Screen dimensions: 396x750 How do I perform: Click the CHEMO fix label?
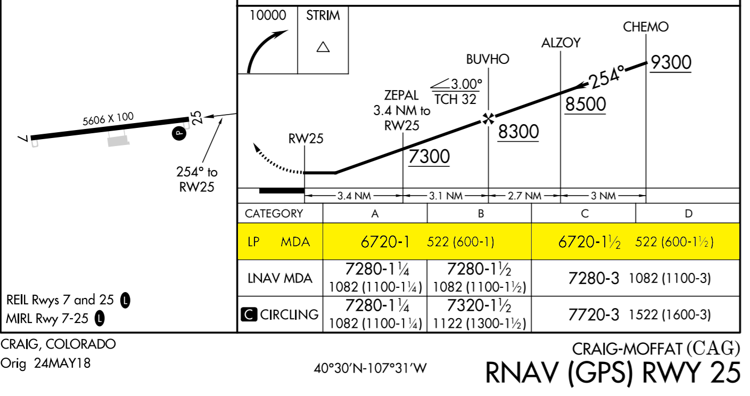(646, 27)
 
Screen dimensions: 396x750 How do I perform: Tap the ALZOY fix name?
(561, 43)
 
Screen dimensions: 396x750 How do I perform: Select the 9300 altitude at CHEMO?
(671, 63)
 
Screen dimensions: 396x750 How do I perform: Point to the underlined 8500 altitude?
(586, 104)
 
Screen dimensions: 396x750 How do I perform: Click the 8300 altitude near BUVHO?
(518, 132)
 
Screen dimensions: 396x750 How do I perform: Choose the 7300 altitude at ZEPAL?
(429, 157)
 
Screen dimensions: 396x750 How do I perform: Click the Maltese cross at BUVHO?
(488, 119)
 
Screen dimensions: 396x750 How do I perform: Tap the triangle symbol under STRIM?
(323, 47)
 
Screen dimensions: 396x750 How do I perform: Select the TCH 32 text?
(455, 99)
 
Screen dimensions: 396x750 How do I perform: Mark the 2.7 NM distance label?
(524, 196)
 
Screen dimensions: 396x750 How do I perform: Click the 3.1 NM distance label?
(446, 196)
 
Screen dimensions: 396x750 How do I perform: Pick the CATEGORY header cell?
(274, 214)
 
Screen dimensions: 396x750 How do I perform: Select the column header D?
(688, 214)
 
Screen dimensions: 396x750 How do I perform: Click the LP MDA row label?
(279, 241)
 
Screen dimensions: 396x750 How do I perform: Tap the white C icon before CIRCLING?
(248, 315)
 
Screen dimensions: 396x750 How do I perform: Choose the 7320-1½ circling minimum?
(479, 306)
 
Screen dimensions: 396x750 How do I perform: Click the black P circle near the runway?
(180, 133)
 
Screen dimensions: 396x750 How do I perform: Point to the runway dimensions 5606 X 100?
(108, 119)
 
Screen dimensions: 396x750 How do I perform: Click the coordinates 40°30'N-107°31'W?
(370, 368)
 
